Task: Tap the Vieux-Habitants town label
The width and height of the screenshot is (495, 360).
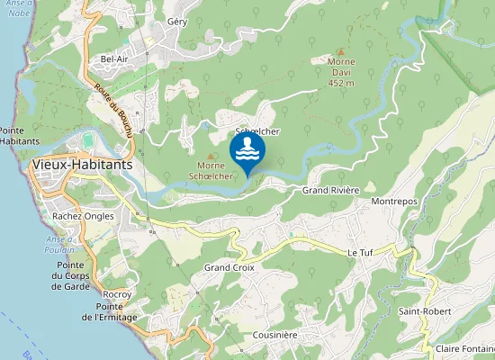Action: pyautogui.click(x=81, y=166)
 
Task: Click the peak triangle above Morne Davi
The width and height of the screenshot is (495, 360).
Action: pyautogui.click(x=340, y=51)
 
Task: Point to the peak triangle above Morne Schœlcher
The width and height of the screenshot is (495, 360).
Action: pyautogui.click(x=211, y=156)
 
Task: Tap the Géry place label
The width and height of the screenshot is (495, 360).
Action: pyautogui.click(x=177, y=22)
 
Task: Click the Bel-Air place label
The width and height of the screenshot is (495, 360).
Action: pyautogui.click(x=115, y=59)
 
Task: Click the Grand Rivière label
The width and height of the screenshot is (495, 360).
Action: pyautogui.click(x=330, y=191)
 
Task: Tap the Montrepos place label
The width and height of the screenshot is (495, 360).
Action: pyautogui.click(x=394, y=202)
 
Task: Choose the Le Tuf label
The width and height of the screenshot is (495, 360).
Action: pyautogui.click(x=360, y=254)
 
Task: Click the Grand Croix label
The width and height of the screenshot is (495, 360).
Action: pyautogui.click(x=229, y=268)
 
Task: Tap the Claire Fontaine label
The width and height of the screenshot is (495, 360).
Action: pyautogui.click(x=463, y=348)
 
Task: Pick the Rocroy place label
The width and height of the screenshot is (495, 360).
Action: pyautogui.click(x=117, y=294)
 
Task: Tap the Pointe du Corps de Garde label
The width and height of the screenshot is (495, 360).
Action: pyautogui.click(x=69, y=276)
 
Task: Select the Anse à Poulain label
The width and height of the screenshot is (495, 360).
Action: pyautogui.click(x=58, y=244)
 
